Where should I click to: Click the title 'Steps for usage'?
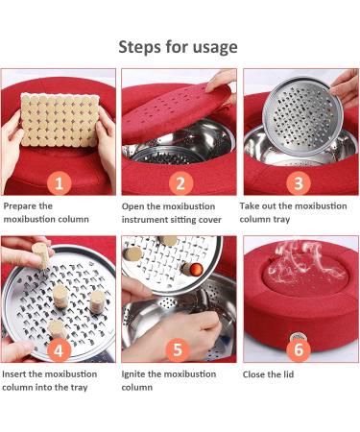click(179, 46)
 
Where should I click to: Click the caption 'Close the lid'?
click(268, 373)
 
